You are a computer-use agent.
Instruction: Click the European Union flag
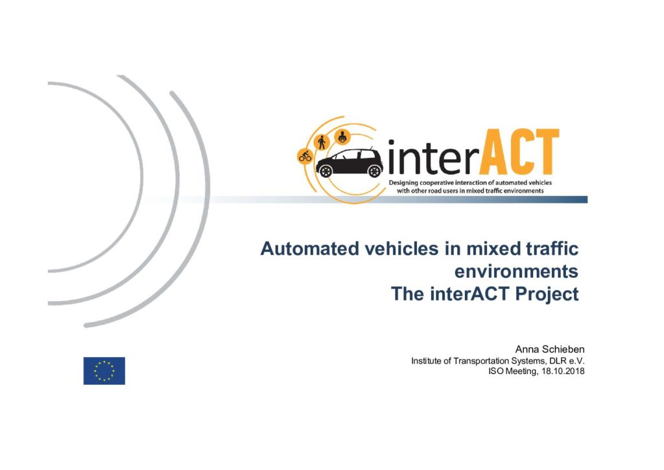click(x=104, y=371)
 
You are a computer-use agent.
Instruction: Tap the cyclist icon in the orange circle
click(x=305, y=156)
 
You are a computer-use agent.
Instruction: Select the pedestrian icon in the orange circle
click(x=322, y=142)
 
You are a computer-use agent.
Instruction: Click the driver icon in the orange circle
click(x=342, y=136)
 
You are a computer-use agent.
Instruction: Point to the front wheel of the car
click(x=375, y=171)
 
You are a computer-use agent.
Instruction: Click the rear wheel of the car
click(x=326, y=171)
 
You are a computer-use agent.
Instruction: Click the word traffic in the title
click(x=552, y=249)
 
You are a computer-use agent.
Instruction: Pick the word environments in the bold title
click(x=516, y=271)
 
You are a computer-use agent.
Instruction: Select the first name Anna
click(x=525, y=349)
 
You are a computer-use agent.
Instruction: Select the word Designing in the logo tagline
click(x=403, y=183)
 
